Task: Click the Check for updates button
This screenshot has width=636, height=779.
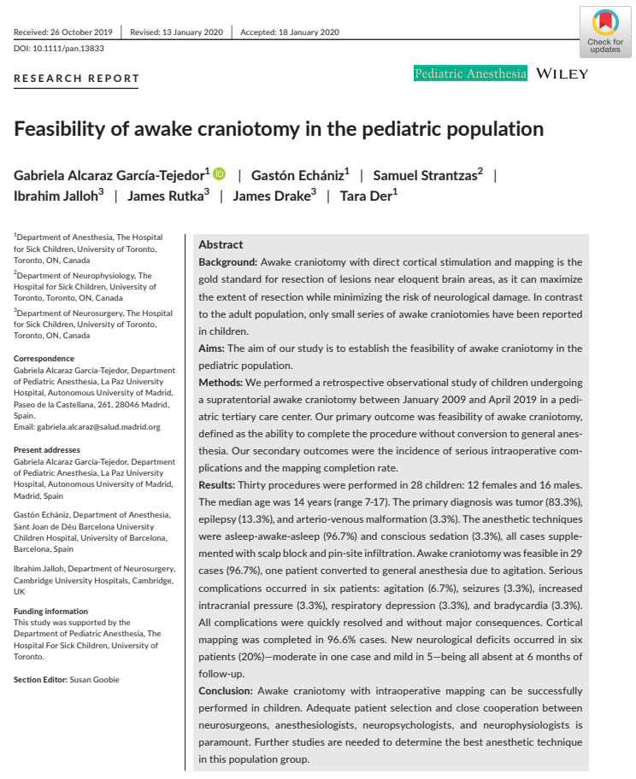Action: pos(604,32)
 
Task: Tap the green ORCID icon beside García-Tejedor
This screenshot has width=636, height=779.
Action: pos(220,174)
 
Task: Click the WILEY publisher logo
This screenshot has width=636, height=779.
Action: pos(562,73)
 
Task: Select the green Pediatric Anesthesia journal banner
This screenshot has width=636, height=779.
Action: pos(470,73)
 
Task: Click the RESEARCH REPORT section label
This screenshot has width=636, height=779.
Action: pos(76,79)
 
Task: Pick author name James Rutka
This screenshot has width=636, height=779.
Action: pos(166,195)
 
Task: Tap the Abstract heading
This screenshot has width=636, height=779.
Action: pos(221,244)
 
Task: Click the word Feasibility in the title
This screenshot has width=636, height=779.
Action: pos(63,129)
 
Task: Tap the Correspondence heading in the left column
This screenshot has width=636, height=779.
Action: pos(44,359)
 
